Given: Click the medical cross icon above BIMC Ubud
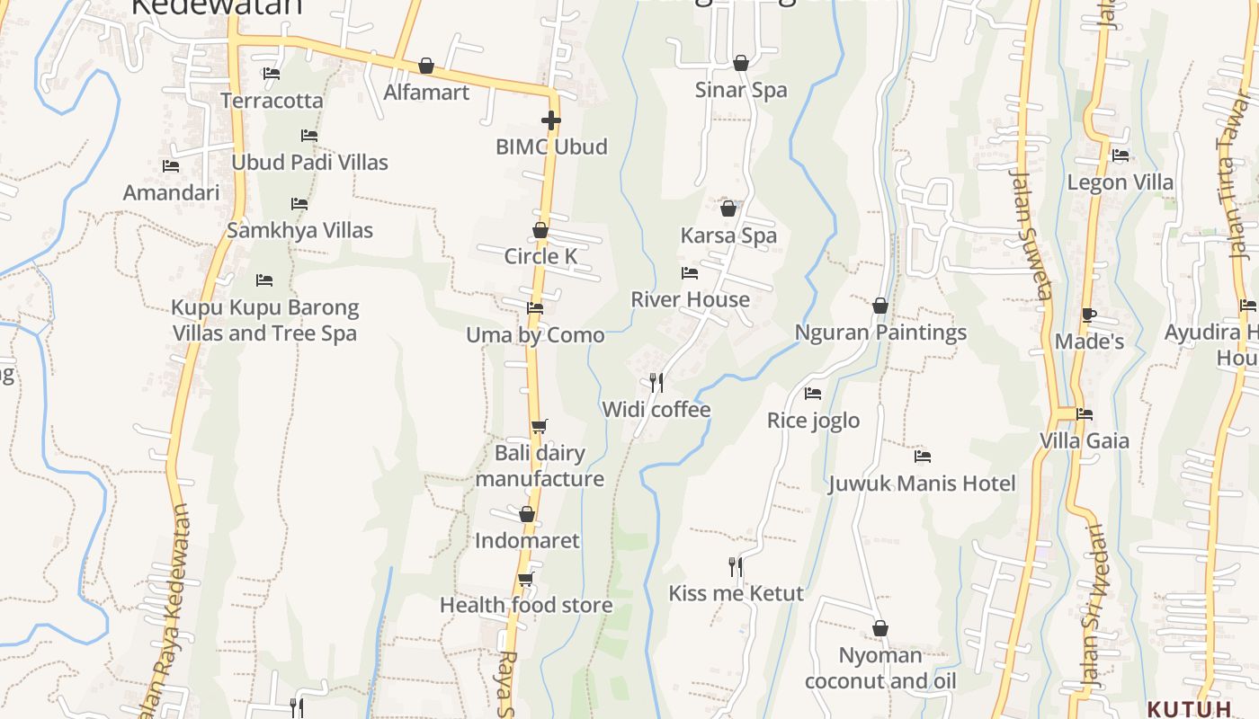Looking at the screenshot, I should tap(551, 120).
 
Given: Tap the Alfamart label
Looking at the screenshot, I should tap(426, 93).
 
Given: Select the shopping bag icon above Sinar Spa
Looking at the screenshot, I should tap(741, 63).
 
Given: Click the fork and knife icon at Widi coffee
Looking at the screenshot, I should tap(656, 383).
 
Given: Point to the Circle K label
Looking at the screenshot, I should tap(540, 256).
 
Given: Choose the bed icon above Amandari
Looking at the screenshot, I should tap(171, 166).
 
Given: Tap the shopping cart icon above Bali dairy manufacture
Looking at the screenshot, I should tap(539, 426).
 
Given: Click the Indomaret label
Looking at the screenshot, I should tap(527, 540).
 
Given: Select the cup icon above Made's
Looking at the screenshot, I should tap(1089, 315).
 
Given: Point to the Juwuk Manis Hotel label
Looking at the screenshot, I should tap(922, 484).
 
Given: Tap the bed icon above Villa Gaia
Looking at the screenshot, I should tap(1085, 414).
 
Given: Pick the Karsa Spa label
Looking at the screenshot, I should tap(728, 235).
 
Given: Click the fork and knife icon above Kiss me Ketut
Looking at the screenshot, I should tap(736, 566).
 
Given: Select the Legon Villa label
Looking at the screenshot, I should tap(1120, 182).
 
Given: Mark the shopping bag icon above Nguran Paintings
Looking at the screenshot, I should tap(880, 306).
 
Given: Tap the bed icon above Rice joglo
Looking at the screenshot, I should tap(813, 394).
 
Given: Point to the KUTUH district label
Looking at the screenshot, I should tap(1189, 708).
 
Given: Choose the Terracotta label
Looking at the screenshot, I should tap(272, 101).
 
